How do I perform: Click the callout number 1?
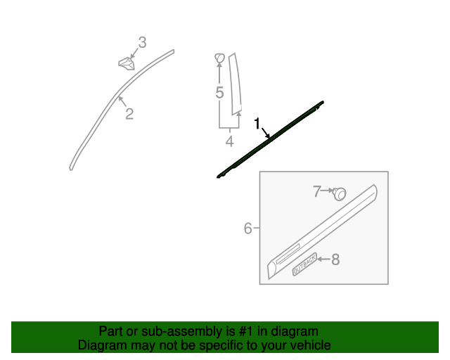point(257,124)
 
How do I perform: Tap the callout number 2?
point(129,114)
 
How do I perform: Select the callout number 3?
point(142,43)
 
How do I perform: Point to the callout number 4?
point(229,142)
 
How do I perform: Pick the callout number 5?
point(219,93)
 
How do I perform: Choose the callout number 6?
point(247,228)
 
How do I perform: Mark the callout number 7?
point(317,190)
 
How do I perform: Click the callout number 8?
point(335,259)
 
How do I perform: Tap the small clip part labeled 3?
point(127,63)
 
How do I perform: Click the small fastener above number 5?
point(219,58)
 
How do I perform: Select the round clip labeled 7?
point(340,193)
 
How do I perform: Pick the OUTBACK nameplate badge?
point(304,264)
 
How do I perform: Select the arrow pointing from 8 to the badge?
point(323,259)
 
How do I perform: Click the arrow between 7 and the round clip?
point(328,191)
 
